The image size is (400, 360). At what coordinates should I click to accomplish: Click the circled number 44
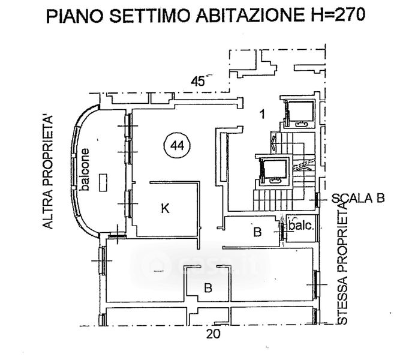pyautogui.click(x=178, y=146)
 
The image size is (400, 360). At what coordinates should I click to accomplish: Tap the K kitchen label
pyautogui.click(x=166, y=208)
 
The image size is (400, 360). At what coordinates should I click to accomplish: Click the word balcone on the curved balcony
pyautogui.click(x=85, y=170)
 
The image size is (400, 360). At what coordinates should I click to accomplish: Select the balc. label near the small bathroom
pyautogui.click(x=301, y=226)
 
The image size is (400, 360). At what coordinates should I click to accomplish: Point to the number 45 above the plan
pyautogui.click(x=199, y=81)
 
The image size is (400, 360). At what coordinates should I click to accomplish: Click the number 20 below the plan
pyautogui.click(x=213, y=334)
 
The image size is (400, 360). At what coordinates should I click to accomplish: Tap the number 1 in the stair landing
pyautogui.click(x=262, y=114)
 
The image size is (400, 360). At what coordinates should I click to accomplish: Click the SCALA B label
pyautogui.click(x=358, y=198)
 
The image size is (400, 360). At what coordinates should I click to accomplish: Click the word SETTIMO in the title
pyautogui.click(x=150, y=15)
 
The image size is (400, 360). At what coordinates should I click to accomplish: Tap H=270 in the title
pyautogui.click(x=335, y=15)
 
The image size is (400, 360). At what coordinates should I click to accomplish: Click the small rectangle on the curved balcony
pyautogui.click(x=103, y=182)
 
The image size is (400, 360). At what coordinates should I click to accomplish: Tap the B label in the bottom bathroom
pyautogui.click(x=208, y=288)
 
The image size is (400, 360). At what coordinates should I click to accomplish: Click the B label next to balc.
pyautogui.click(x=257, y=232)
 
